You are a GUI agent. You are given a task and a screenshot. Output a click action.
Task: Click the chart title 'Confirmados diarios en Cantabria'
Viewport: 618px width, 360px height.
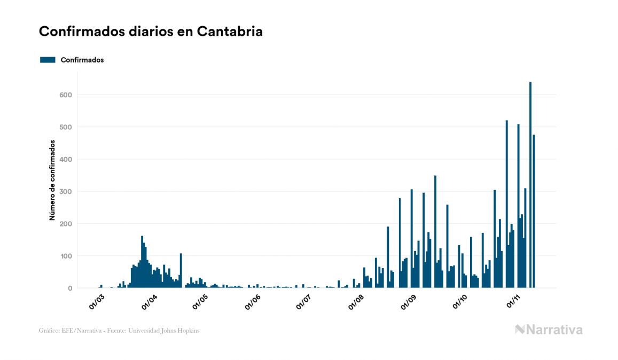tap(151, 32)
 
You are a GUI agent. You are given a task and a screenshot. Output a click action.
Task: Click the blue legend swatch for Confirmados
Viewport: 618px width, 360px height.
tap(48, 60)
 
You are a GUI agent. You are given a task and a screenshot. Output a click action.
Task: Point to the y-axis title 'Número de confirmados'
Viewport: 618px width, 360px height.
tap(52, 181)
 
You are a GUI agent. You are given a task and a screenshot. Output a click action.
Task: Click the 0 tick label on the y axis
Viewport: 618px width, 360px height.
tap(69, 288)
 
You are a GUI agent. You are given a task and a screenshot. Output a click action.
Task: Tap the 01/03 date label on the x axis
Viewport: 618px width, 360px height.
tap(98, 301)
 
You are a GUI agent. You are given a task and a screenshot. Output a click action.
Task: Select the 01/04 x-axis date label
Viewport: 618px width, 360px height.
tap(149, 301)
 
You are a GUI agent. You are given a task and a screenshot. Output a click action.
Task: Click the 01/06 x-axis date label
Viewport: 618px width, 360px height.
tap(253, 301)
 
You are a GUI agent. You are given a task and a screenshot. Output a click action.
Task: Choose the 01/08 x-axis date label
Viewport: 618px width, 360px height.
tap(356, 301)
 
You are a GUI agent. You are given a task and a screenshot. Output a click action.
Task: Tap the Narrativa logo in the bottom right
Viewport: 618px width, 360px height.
tap(549, 330)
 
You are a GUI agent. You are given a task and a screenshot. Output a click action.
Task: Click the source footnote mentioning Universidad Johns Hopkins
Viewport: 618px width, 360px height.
tap(119, 331)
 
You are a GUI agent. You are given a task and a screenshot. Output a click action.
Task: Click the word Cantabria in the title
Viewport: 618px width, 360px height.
tap(230, 32)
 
